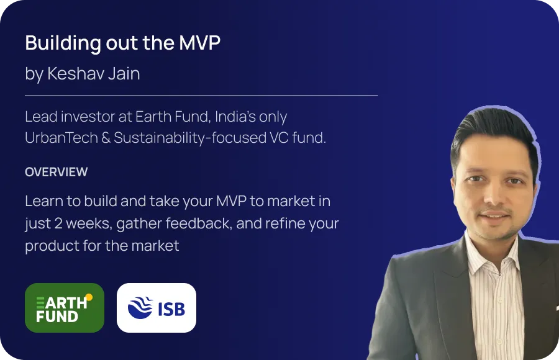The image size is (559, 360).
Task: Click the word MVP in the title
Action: pos(199,43)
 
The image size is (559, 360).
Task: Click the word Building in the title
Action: pos(63,43)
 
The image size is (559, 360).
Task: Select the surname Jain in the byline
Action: pos(124,73)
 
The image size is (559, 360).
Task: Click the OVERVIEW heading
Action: pos(57,172)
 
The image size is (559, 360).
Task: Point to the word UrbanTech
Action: pos(61,138)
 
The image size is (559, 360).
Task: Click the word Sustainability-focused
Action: pos(190,138)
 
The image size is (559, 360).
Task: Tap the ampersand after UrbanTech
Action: pos(106,138)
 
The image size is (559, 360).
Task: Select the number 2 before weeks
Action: pos(58,223)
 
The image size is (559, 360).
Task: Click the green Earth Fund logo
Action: pos(65,308)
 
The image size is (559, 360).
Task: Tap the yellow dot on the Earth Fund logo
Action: pos(89,297)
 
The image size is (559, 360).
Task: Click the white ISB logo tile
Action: pos(157,308)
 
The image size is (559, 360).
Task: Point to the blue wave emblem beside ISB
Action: pos(140,308)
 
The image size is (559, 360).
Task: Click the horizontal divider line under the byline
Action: pos(201,96)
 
